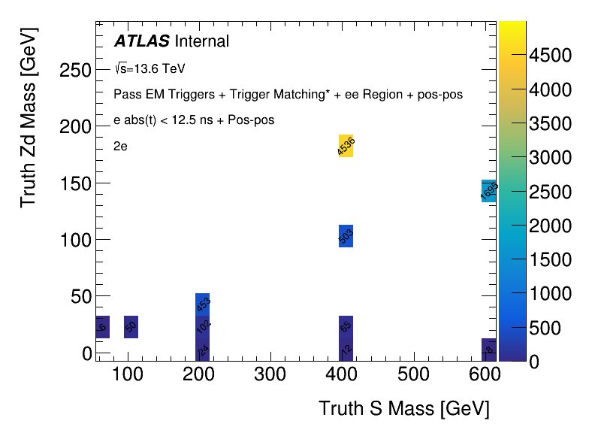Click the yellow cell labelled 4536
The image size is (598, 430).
point(346,146)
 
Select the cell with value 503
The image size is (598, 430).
point(346,236)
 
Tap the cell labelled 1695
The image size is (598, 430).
point(488,191)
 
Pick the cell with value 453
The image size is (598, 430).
point(203,304)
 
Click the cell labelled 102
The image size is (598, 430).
point(203,327)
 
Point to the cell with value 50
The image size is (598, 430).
point(131,327)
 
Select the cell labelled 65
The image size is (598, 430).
point(346,327)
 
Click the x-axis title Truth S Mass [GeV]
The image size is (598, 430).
point(403,409)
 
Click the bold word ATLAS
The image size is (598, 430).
point(141,41)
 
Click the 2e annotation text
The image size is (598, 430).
point(120,147)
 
